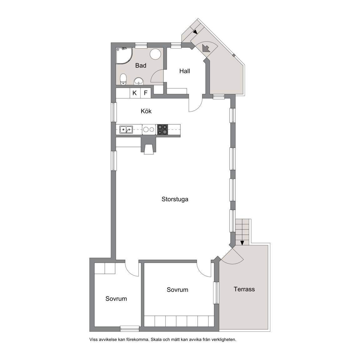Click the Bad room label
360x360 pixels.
141,66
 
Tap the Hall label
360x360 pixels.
185,71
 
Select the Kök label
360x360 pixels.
146,111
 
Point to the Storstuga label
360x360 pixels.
175,199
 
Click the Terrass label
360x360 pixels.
244,289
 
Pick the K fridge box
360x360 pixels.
135,93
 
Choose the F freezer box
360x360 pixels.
146,93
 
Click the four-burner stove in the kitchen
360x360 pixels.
162,129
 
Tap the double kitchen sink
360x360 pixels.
126,130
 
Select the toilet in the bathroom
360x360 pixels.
123,79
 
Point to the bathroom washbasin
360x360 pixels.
139,81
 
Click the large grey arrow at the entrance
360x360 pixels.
206,48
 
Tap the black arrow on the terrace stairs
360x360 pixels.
242,243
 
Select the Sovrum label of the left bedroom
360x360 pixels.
116,299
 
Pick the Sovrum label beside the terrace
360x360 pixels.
177,290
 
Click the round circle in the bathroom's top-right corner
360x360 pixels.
155,54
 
